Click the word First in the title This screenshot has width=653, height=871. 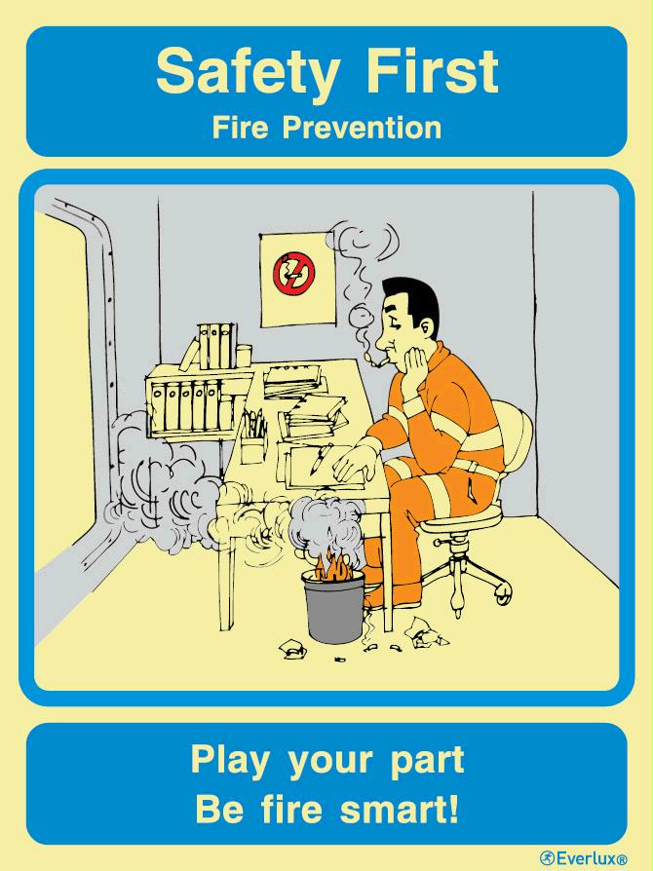tap(433, 70)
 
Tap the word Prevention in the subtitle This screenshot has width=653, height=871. tap(362, 128)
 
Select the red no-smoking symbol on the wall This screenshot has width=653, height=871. tap(293, 273)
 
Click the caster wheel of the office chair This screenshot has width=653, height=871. tap(502, 594)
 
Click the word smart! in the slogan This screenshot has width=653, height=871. tap(399, 809)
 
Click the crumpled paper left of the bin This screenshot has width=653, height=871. tap(292, 648)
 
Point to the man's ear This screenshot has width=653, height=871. tap(425, 328)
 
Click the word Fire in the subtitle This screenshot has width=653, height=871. tap(240, 128)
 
